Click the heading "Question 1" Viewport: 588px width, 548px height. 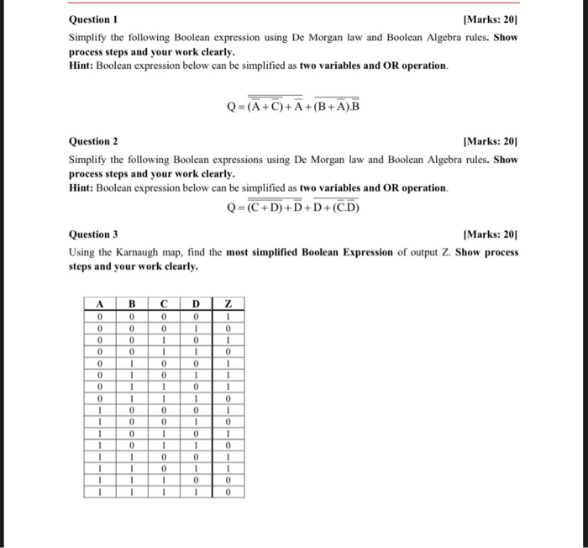pyautogui.click(x=93, y=19)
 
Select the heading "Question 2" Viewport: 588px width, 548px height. pyautogui.click(x=93, y=142)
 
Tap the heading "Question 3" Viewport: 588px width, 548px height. pyautogui.click(x=93, y=234)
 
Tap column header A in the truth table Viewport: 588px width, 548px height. pyautogui.click(x=99, y=303)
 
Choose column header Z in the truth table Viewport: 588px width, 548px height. pyautogui.click(x=228, y=303)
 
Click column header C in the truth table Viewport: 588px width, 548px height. pyautogui.click(x=164, y=303)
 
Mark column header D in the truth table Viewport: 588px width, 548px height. pyautogui.click(x=196, y=303)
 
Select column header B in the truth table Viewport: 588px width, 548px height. pyautogui.click(x=131, y=303)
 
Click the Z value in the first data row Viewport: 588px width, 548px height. pyautogui.click(x=228, y=316)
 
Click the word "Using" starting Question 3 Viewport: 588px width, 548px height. pyautogui.click(x=82, y=252)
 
